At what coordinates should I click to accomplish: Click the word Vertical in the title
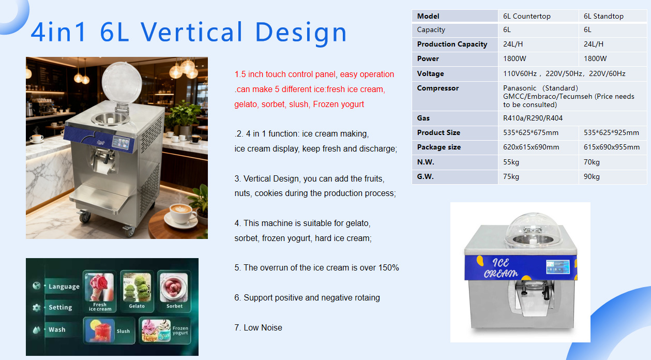pos(191,32)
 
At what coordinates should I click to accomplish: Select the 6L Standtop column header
pos(603,16)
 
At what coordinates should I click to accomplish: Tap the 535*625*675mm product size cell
pos(531,133)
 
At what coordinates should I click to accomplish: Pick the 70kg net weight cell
pos(592,162)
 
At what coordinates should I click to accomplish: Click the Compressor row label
pos(437,88)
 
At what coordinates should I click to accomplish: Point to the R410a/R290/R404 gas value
pos(533,118)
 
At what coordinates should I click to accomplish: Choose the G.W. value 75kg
pos(511,176)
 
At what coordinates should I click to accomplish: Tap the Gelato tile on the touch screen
pos(137,291)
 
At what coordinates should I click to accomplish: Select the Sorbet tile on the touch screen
pos(174,291)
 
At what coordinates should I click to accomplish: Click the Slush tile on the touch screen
pos(109,331)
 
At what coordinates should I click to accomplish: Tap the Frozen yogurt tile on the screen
pos(165,331)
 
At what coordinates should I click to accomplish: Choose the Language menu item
pos(64,287)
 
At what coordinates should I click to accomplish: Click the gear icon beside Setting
pos(37,307)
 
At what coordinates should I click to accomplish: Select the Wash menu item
pos(57,329)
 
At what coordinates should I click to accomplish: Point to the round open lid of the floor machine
pos(122,82)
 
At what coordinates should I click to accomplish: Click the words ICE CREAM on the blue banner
pos(501,268)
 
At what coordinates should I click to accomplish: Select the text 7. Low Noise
pos(258,328)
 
